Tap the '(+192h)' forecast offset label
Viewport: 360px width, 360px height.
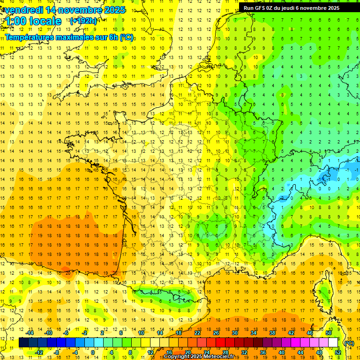tap(83, 21)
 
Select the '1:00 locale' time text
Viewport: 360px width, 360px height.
tap(32, 21)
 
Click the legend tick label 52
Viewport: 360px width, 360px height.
tap(338, 352)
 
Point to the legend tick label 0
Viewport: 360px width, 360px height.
tap(92, 352)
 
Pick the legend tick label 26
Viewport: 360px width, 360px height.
tap(216, 333)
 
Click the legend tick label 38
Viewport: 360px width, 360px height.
tap(272, 333)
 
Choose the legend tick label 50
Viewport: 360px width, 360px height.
tap(328, 333)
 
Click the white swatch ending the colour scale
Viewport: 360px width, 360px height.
tap(333, 343)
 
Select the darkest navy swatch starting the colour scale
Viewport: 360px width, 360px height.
tap(23, 343)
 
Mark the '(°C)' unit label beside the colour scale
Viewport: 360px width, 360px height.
tap(349, 343)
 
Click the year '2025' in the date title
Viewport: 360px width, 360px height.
tap(115, 10)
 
